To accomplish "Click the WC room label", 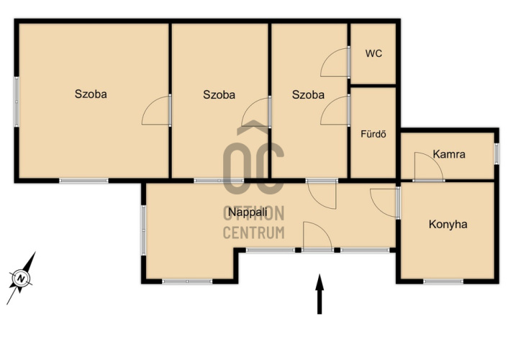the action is coord(373,53).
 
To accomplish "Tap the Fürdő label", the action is coord(373,134).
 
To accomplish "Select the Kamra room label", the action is coord(449,154).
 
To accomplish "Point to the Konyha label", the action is coord(448,224).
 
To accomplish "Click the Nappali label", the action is coord(248,212).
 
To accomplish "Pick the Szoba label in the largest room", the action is coord(91,94).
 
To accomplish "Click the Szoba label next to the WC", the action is coord(308,94).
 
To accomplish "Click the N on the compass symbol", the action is coord(22,278).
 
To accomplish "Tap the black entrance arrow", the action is coord(319,294).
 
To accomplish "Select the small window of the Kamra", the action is coord(496,153).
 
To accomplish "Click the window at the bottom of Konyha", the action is coord(443,282).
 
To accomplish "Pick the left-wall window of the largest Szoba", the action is coord(17,102).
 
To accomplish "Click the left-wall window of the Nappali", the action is coord(143,230).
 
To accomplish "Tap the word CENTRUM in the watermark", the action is coord(254,233).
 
